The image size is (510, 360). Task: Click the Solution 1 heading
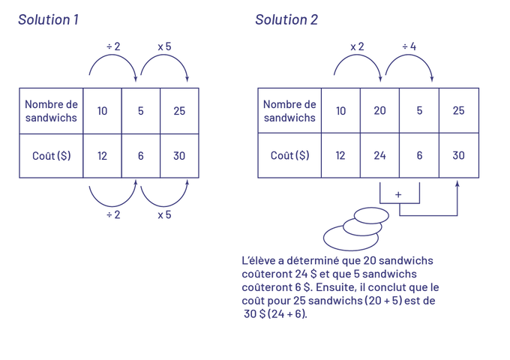pyautogui.click(x=49, y=20)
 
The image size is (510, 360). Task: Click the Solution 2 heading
pyautogui.click(x=286, y=20)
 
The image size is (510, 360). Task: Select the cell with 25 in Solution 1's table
pyautogui.click(x=179, y=111)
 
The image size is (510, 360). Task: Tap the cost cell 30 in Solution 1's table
pyautogui.click(x=179, y=156)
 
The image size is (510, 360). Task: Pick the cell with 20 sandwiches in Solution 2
pyautogui.click(x=380, y=111)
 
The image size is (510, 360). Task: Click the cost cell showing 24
pyautogui.click(x=380, y=156)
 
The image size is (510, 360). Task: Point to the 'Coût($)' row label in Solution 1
pyautogui.click(x=52, y=156)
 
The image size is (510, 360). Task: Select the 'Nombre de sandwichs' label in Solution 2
pyautogui.click(x=289, y=111)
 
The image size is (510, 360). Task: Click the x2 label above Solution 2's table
pyautogui.click(x=358, y=47)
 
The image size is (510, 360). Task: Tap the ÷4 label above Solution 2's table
pyautogui.click(x=409, y=47)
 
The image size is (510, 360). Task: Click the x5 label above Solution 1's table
pyautogui.click(x=164, y=47)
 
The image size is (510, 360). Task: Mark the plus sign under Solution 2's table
pyautogui.click(x=398, y=194)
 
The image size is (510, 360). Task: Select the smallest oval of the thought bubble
pyautogui.click(x=373, y=215)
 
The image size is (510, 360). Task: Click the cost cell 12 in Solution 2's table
pyautogui.click(x=340, y=156)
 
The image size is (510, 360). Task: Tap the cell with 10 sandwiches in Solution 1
pyautogui.click(x=103, y=111)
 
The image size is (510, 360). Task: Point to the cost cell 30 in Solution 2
pyautogui.click(x=458, y=156)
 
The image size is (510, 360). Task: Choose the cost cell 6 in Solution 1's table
pyautogui.click(x=141, y=156)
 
